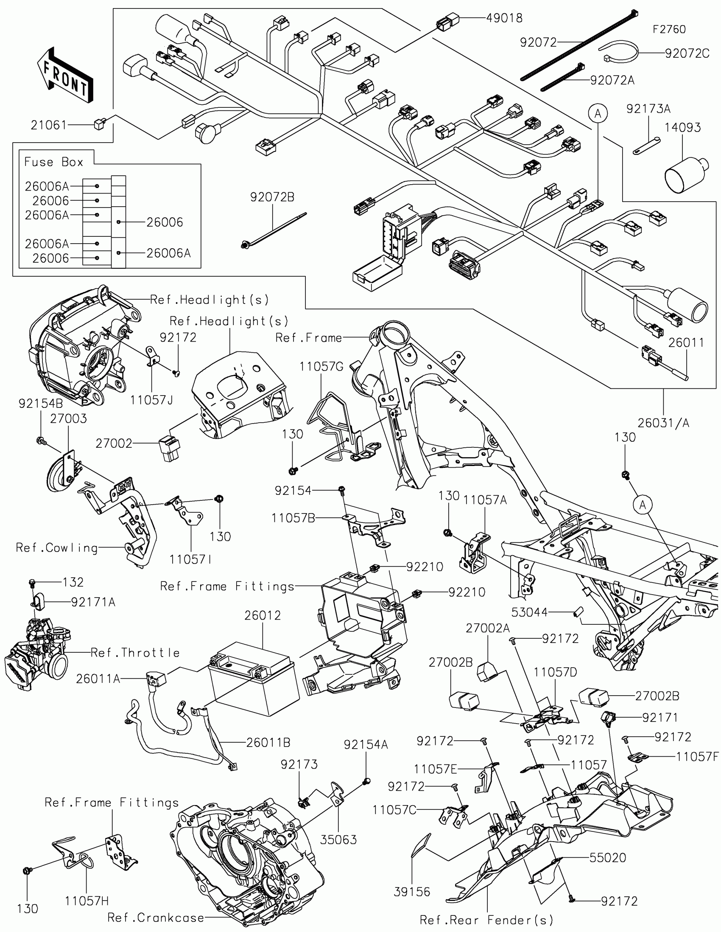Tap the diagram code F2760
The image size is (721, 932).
pos(669,29)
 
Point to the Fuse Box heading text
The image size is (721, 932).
pos(54,162)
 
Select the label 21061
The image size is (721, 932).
pos(49,125)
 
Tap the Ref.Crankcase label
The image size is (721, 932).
pos(156,917)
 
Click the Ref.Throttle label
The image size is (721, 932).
pos(135,652)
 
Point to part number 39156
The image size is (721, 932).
pos(412,891)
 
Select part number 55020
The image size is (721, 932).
pos(608,857)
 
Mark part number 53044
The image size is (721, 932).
pos(530,612)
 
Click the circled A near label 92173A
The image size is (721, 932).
pos(598,113)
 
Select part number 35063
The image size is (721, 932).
pos(338,839)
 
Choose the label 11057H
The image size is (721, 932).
pos(87,901)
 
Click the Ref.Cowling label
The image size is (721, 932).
pos(57,547)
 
